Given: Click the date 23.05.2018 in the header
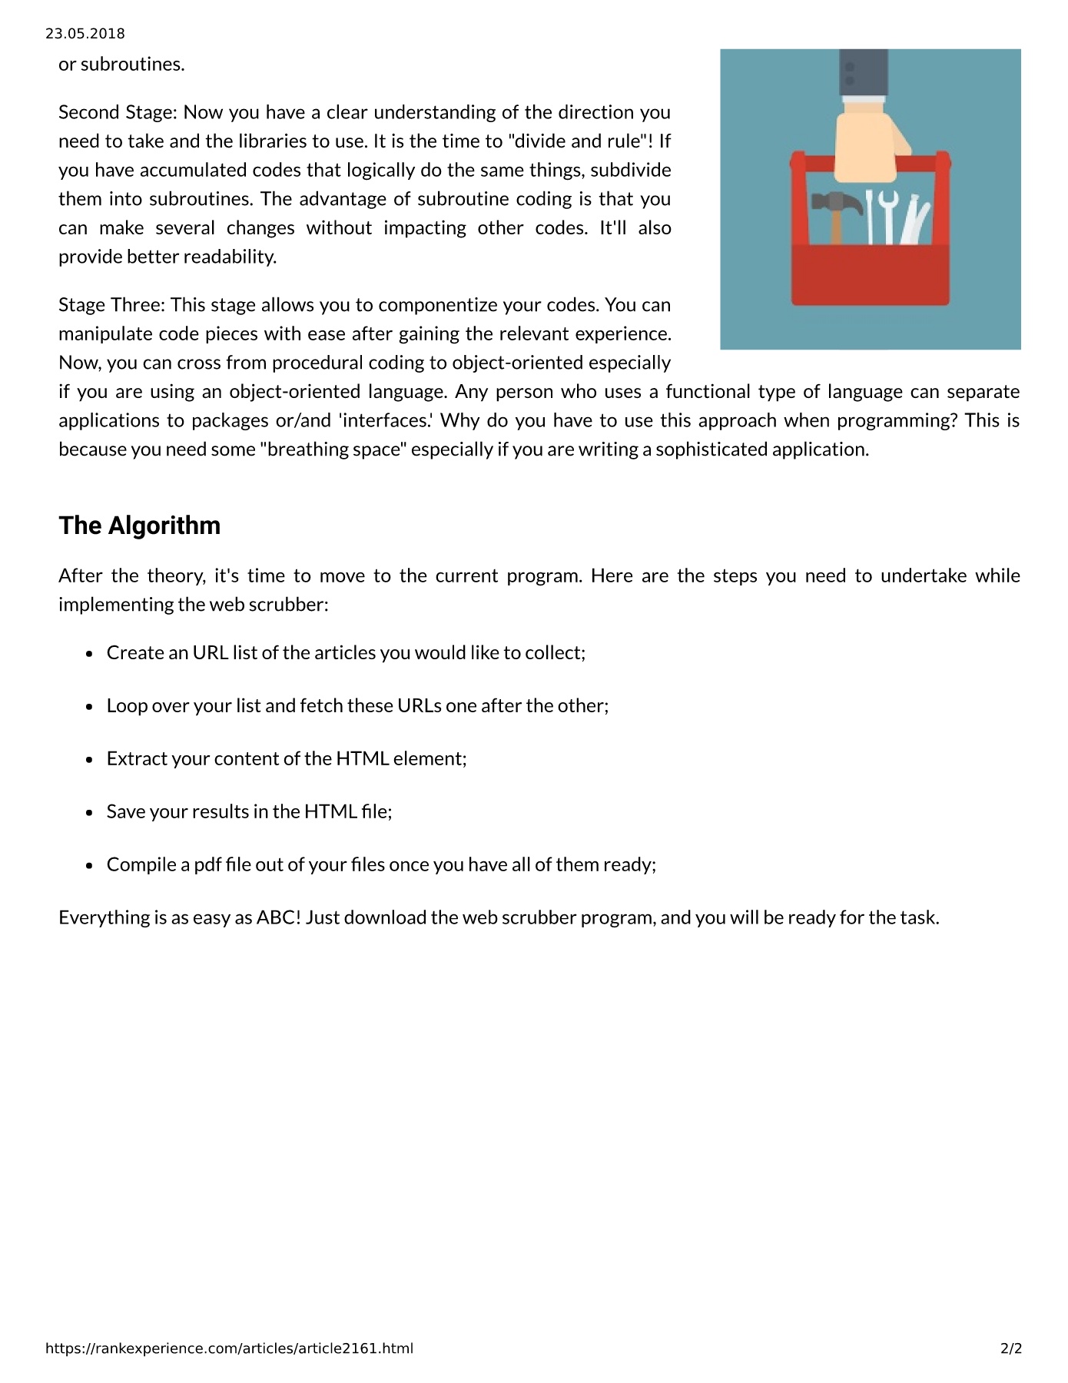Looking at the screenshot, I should pyautogui.click(x=85, y=34).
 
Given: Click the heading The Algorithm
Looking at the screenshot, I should pyautogui.click(x=139, y=526).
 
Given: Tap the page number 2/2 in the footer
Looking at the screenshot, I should pyautogui.click(x=1010, y=1348).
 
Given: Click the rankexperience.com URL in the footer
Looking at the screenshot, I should pyautogui.click(x=229, y=1348).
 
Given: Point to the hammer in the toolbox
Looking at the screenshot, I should pyautogui.click(x=834, y=211).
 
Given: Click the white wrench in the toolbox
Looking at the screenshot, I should pyautogui.click(x=888, y=215).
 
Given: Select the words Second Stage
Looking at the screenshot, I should pyautogui.click(x=117, y=112).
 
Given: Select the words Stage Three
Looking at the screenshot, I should pyautogui.click(x=111, y=305).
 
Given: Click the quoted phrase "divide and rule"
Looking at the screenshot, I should pyautogui.click(x=584, y=141).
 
